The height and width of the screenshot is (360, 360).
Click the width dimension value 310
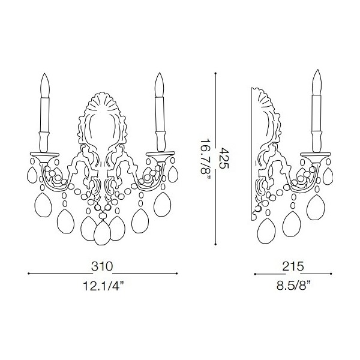click(102, 266)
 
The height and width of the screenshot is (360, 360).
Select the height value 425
click(224, 158)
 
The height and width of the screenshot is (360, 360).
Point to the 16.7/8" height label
click(205, 160)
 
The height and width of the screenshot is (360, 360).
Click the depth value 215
click(293, 266)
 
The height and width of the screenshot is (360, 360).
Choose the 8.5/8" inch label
click(293, 286)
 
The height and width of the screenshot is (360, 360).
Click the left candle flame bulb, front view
click(45, 85)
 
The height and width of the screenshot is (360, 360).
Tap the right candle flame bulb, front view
click(159, 85)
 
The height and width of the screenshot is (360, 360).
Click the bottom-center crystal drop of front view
click(103, 232)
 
